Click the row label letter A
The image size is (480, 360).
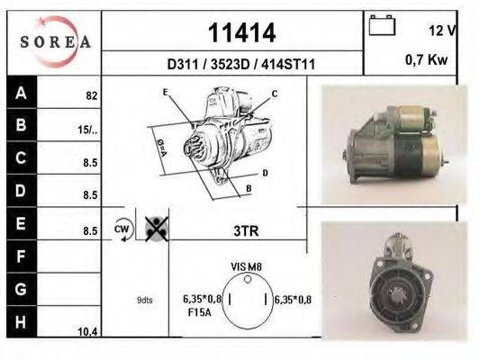click(x=20, y=92)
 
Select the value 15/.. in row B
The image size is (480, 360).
click(x=87, y=130)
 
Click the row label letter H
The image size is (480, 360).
click(x=20, y=322)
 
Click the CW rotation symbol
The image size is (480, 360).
click(x=122, y=229)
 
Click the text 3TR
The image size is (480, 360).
click(x=246, y=230)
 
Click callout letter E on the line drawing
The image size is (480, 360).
click(x=165, y=93)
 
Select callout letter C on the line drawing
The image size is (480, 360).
click(x=274, y=94)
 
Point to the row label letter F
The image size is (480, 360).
click(x=20, y=257)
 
